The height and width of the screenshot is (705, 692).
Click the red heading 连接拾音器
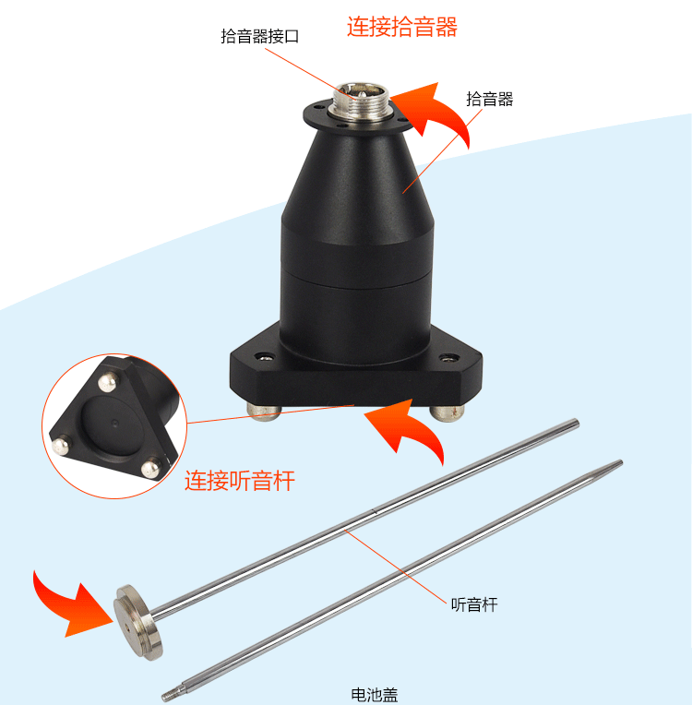tap(402, 26)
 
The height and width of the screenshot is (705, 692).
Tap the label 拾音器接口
tap(260, 36)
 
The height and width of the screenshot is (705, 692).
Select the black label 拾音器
tap(490, 99)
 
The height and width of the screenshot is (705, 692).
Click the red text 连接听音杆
tap(240, 480)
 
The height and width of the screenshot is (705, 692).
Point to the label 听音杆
tap(474, 604)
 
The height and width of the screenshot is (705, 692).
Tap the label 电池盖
tap(375, 695)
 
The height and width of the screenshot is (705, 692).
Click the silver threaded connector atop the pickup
tap(362, 102)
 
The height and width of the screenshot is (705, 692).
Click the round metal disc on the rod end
tap(138, 622)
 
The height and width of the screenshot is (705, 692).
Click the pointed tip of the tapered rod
tap(620, 462)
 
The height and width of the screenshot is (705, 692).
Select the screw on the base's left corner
tap(265, 357)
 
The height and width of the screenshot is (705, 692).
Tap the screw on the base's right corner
tap(448, 358)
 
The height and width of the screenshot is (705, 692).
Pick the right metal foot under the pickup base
tap(447, 413)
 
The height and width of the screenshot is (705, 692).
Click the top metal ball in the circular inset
tap(107, 383)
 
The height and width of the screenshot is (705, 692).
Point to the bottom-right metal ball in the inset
tap(150, 468)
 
